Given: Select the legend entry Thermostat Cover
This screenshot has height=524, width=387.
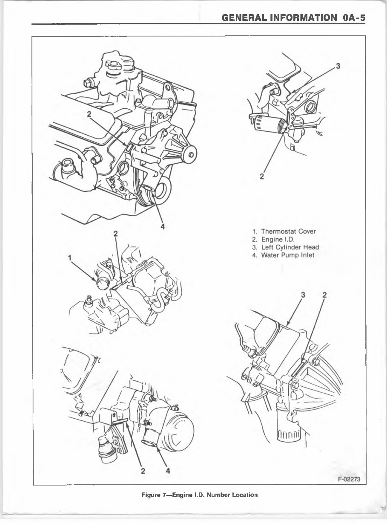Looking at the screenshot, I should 288,232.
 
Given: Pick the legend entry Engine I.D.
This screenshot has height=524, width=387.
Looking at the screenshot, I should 278,240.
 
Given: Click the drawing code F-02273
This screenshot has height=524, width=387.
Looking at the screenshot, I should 349,478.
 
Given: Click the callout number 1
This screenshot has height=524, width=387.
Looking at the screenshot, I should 70,257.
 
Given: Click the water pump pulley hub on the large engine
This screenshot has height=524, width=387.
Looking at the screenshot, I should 190,153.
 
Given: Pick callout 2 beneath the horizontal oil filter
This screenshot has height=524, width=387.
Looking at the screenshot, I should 262,177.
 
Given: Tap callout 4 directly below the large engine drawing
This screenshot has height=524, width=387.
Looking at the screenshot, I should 162,226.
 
